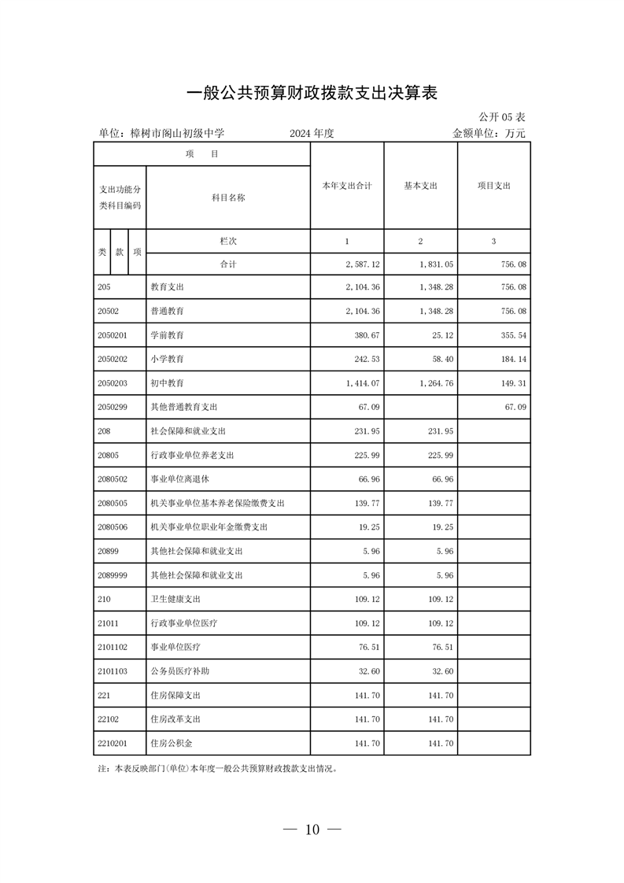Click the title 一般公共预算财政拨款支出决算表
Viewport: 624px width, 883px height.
[x=312, y=94]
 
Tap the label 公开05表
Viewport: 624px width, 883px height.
[x=500, y=117]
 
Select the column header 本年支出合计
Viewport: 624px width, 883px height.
[x=347, y=186]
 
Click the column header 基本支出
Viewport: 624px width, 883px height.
[x=420, y=186]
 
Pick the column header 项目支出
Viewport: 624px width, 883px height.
[x=494, y=186]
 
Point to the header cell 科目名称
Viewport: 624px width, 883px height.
[x=228, y=198]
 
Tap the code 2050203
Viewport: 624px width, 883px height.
[x=112, y=383]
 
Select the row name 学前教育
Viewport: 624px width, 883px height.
[x=168, y=335]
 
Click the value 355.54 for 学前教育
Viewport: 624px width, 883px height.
[x=512, y=335]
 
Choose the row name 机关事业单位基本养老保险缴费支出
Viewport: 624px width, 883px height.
[x=217, y=503]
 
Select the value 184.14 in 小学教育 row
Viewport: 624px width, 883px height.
[x=512, y=360]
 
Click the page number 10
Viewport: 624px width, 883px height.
[x=312, y=829]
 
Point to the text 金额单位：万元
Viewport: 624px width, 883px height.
[x=489, y=133]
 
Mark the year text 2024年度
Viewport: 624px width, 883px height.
[x=312, y=133]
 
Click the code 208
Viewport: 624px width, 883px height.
[x=104, y=431]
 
